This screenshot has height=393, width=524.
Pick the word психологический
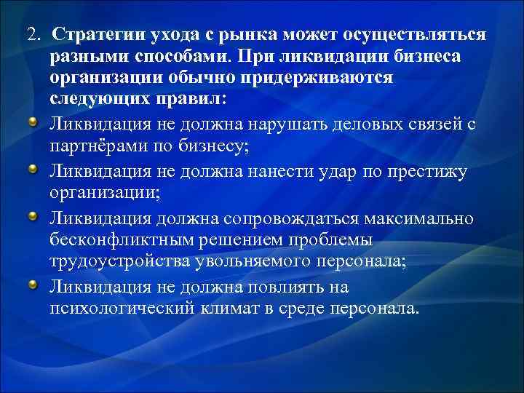[x=122, y=307]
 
